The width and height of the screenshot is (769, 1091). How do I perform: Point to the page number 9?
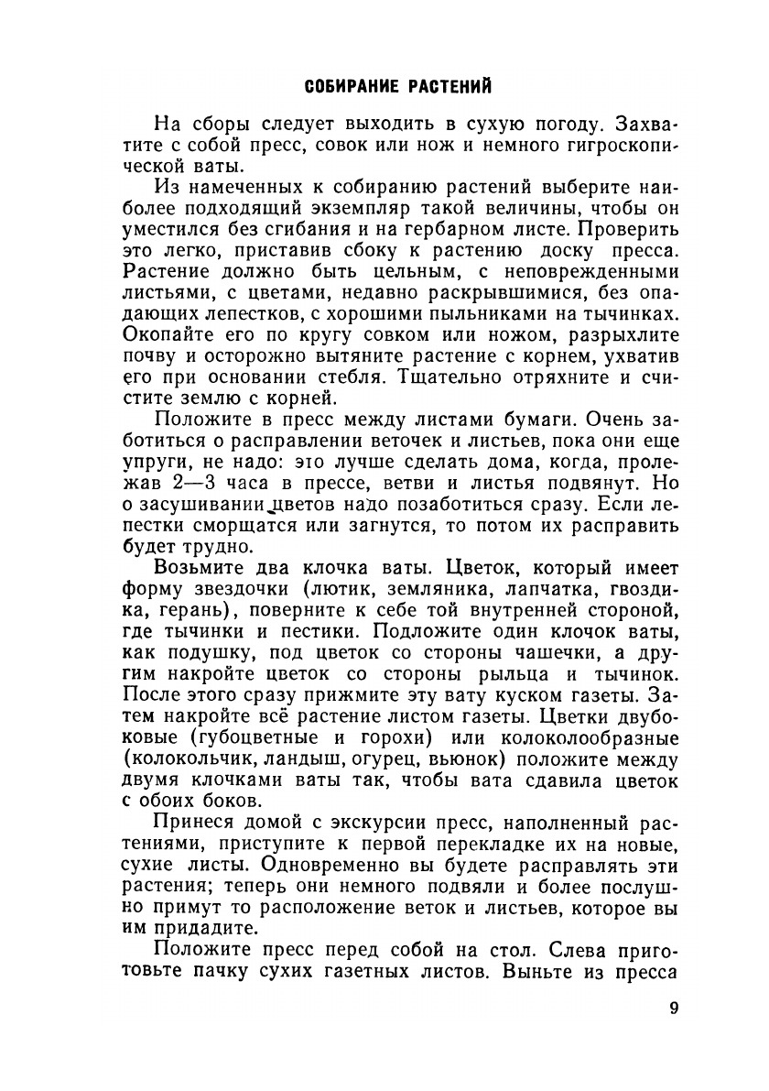tap(673, 1009)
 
